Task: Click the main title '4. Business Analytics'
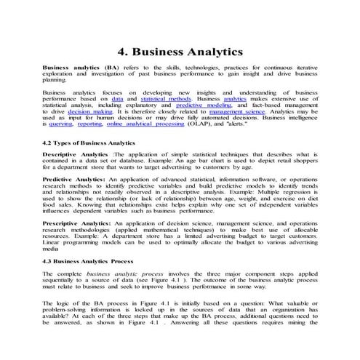(180, 52)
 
